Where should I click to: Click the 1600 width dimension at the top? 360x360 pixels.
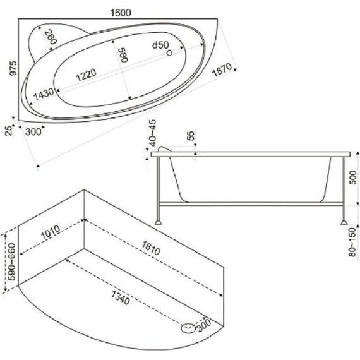[x=121, y=13]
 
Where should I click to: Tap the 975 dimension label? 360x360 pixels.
[x=13, y=68]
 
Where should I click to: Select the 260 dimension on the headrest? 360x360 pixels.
[x=51, y=37]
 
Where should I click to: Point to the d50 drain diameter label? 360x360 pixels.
[x=160, y=45]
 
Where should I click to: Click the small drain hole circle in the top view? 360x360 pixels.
[x=169, y=53]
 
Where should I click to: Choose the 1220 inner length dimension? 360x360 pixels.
[x=86, y=75]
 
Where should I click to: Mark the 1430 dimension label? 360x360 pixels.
[x=44, y=94]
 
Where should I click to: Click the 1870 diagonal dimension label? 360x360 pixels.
[x=222, y=70]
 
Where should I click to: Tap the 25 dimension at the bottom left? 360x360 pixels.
[x=9, y=131]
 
